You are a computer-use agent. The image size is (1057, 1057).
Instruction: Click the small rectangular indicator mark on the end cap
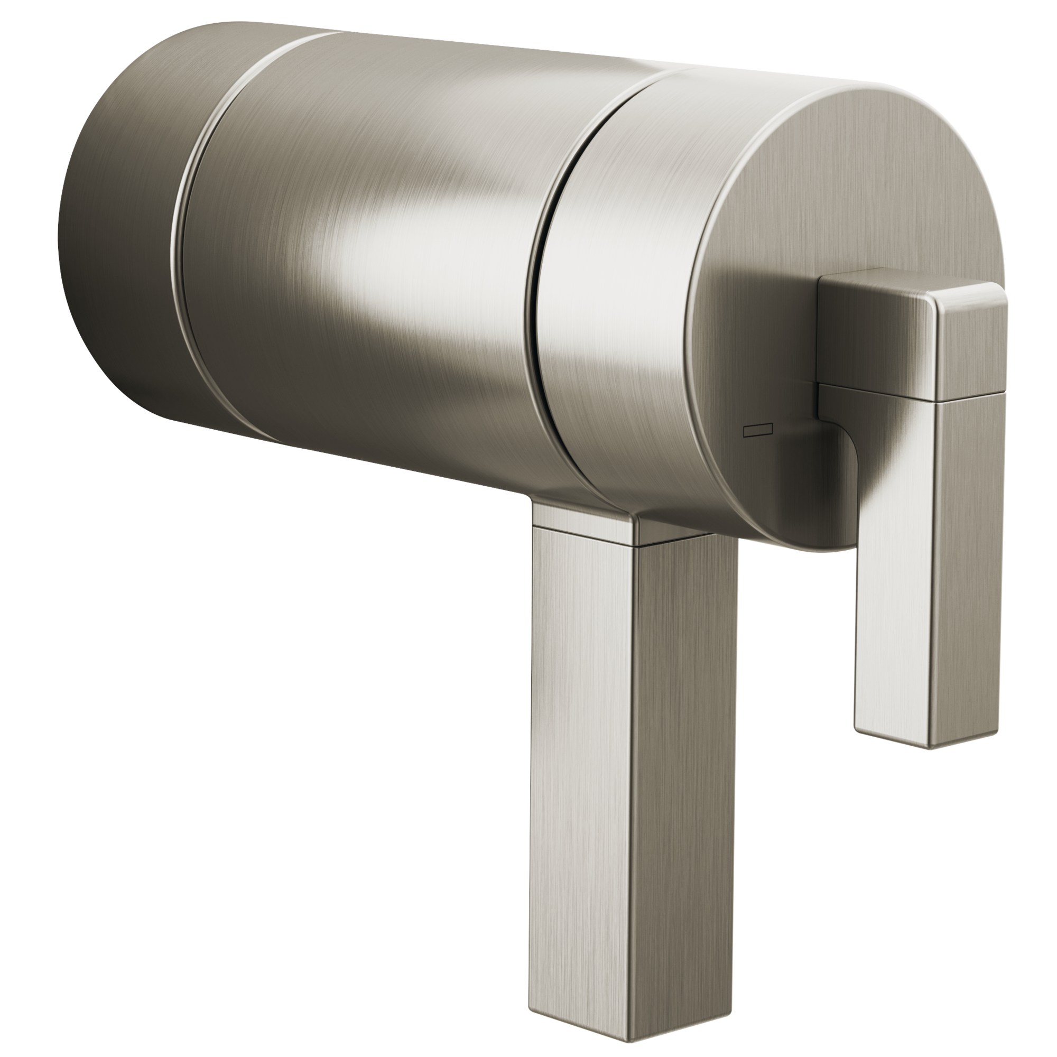click(x=757, y=432)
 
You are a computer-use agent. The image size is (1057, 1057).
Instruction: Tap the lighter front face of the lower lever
click(x=586, y=766)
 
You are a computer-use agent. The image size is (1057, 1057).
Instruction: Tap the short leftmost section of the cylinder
click(x=120, y=219)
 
